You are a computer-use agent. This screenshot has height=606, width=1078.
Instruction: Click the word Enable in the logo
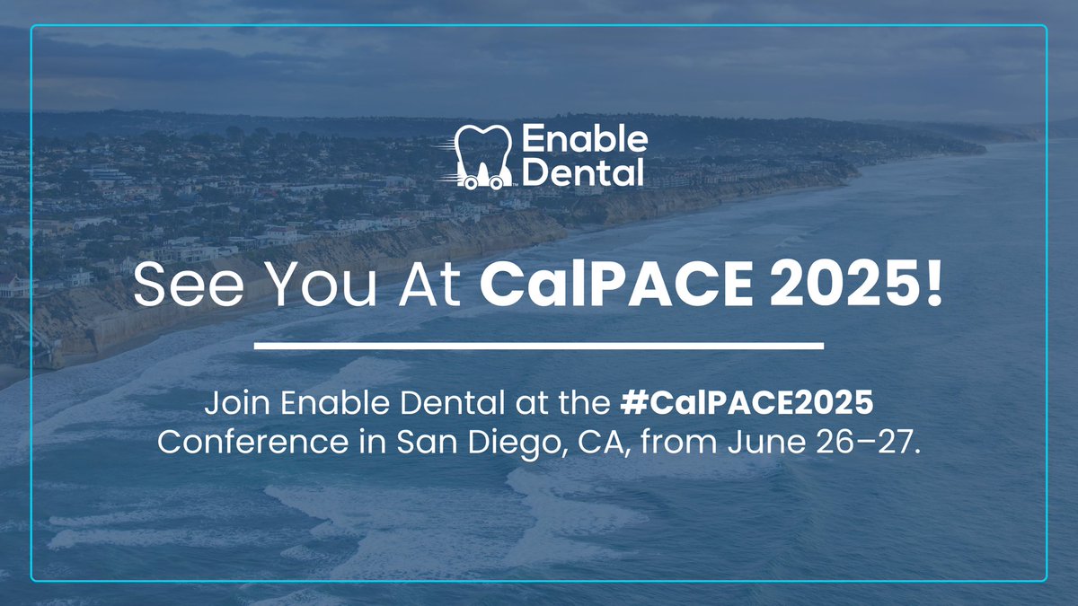point(584,140)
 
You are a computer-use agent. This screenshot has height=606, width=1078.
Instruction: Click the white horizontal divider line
point(539,344)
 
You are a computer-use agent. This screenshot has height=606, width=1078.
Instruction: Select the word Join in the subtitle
point(232,406)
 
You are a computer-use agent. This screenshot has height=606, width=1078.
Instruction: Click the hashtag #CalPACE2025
point(747,406)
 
